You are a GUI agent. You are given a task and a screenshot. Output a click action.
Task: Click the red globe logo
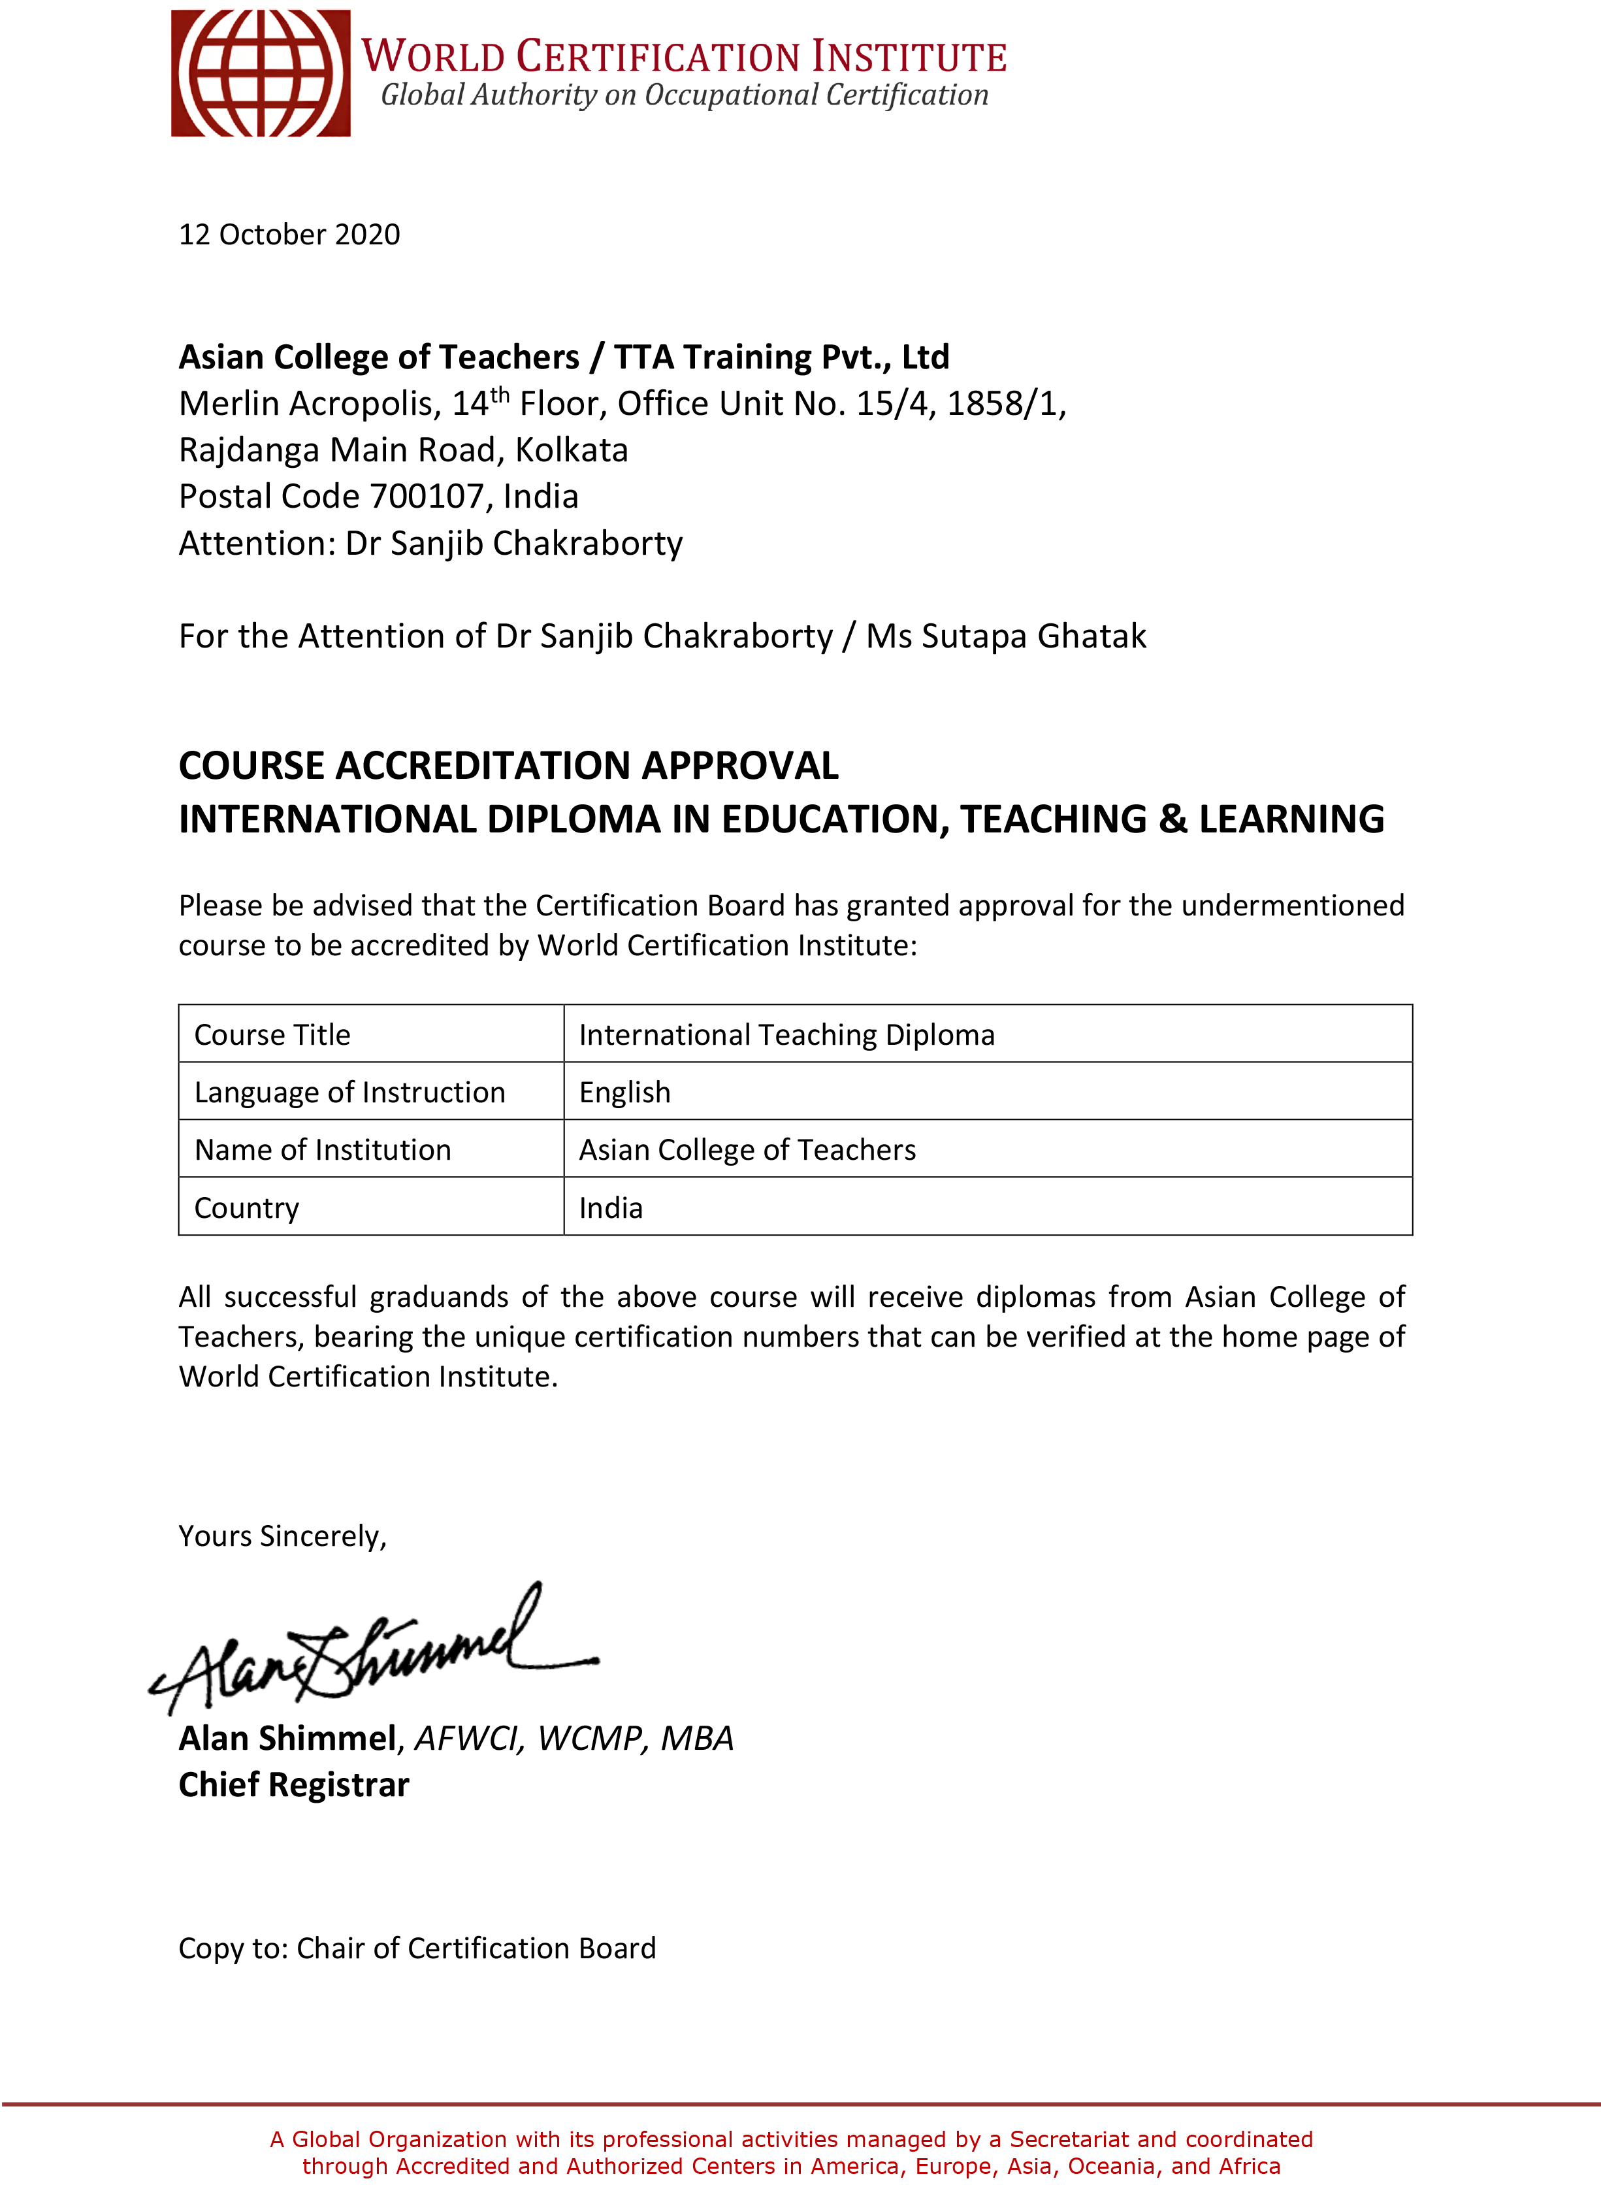coord(260,73)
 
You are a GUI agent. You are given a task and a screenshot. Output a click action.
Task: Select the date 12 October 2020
coord(289,235)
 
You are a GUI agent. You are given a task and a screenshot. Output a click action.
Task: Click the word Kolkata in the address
coord(571,450)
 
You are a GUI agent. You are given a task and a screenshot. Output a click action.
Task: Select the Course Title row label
coord(272,1034)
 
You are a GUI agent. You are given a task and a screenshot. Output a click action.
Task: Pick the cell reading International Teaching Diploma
coord(786,1034)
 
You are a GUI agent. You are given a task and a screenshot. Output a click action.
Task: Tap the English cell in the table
coord(624,1092)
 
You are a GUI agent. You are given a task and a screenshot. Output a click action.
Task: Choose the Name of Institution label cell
coord(323,1150)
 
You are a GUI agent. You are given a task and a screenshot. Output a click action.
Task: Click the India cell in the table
coord(611,1208)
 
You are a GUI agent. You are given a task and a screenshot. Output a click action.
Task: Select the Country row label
coord(246,1208)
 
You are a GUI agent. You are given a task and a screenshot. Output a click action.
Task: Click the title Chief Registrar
coord(294,1784)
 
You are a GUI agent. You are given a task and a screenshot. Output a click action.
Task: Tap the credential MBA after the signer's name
coord(697,1738)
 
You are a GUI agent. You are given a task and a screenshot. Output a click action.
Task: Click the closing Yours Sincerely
coord(282,1536)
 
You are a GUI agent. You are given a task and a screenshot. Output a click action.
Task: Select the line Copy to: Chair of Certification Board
coord(417,1948)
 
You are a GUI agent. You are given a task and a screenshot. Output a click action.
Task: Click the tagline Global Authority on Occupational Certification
coord(684,95)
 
